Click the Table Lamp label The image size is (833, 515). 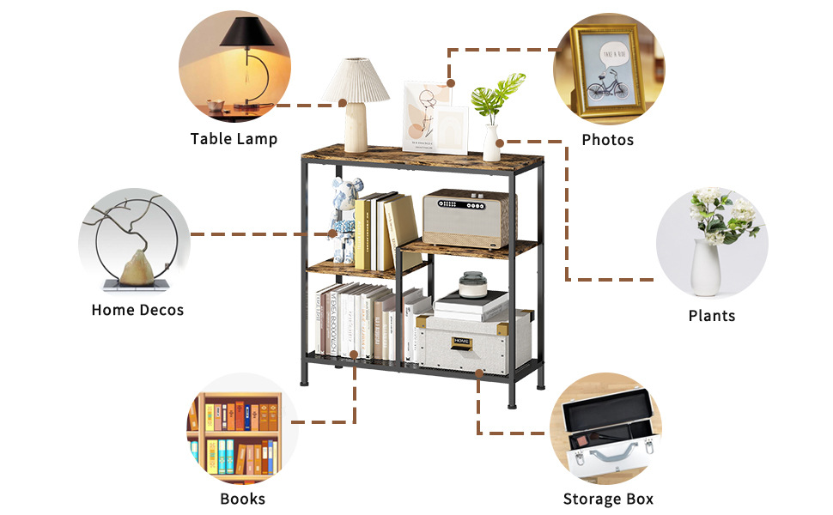coord(234,139)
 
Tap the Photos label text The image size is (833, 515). coord(607,140)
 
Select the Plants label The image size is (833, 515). coord(712,316)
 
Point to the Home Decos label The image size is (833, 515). coord(137,310)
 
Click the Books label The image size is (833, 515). coord(243,499)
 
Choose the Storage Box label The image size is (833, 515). coord(608,499)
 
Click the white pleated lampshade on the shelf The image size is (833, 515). coord(355,80)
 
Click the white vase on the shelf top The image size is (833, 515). coord(492,142)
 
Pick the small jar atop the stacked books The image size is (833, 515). coord(471,284)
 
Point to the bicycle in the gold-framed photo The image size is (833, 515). coord(608,87)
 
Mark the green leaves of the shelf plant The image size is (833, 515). coord(500,92)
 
